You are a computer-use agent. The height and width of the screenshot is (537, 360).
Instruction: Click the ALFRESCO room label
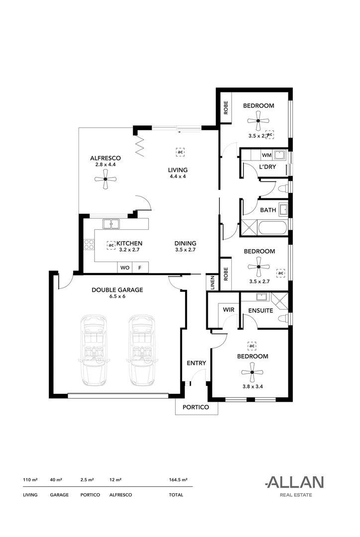pyautogui.click(x=105, y=158)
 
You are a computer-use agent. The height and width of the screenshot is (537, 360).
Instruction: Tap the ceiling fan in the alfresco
pyautogui.click(x=105, y=179)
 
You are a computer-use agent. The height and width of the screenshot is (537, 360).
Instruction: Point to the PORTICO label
pyautogui.click(x=196, y=408)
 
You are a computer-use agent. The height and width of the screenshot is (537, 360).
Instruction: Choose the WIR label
pyautogui.click(x=228, y=310)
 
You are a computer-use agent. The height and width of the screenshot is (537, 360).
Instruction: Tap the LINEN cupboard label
pyautogui.click(x=212, y=283)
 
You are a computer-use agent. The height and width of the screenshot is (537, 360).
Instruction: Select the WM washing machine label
pyautogui.click(x=267, y=156)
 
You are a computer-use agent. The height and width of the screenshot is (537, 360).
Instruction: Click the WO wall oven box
pyautogui.click(x=124, y=268)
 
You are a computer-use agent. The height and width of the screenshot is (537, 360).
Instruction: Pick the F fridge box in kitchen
pyautogui.click(x=140, y=268)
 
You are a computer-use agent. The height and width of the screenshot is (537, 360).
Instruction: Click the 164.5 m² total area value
pyautogui.click(x=178, y=480)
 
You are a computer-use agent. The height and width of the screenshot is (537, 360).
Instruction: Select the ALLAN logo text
pyautogui.click(x=294, y=482)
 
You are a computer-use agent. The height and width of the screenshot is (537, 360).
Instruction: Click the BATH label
pyautogui.click(x=268, y=210)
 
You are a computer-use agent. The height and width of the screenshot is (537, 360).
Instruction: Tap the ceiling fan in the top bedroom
pyautogui.click(x=258, y=120)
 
